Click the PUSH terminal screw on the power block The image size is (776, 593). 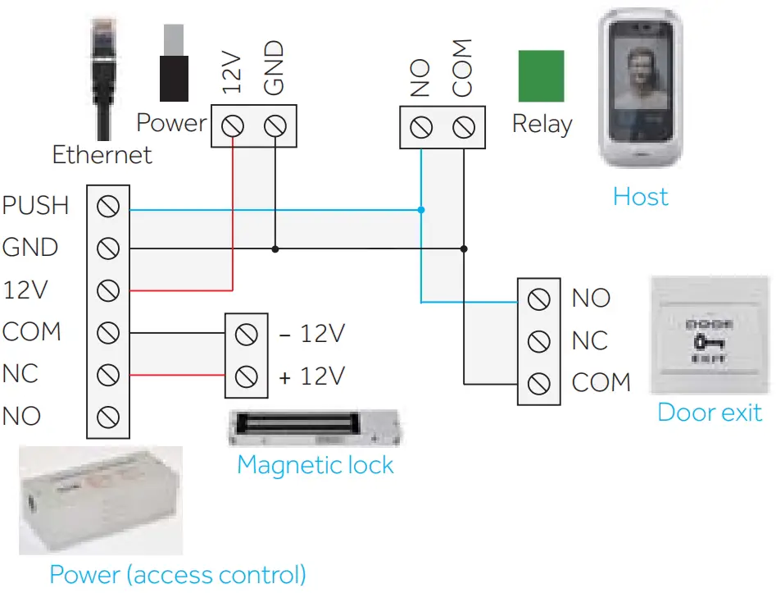click(x=108, y=205)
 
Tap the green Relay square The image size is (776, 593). click(x=541, y=76)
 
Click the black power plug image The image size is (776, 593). click(x=173, y=66)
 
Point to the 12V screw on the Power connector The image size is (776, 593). click(x=233, y=127)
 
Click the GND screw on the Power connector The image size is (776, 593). click(x=275, y=127)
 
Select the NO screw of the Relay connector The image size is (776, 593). click(x=420, y=128)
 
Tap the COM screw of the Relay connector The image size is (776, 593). click(x=464, y=128)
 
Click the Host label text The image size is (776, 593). click(x=641, y=197)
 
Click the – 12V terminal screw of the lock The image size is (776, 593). click(x=246, y=334)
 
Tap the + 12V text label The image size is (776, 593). click(x=311, y=376)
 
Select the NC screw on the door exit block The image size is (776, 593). click(x=538, y=340)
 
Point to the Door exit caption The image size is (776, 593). click(x=710, y=412)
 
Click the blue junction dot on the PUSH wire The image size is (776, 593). click(x=420, y=210)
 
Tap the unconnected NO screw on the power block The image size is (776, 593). click(x=108, y=417)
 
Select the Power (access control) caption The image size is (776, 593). click(x=178, y=574)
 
